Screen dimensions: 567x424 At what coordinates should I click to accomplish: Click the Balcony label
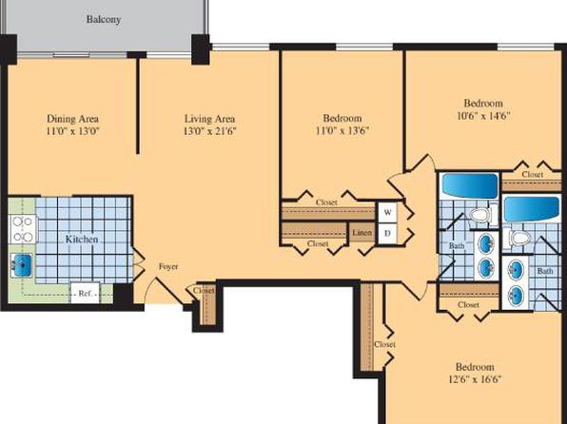tap(104, 19)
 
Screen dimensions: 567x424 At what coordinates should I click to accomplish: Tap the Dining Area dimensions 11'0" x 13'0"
tap(72, 131)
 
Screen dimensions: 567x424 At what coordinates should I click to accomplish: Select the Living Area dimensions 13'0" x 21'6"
tap(209, 131)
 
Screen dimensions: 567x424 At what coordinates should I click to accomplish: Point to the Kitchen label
tap(82, 240)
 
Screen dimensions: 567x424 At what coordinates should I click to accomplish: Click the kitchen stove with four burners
tap(23, 229)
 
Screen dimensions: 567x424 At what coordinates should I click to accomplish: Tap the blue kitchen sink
tap(22, 262)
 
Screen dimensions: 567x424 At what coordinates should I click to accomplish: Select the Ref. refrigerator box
tap(85, 293)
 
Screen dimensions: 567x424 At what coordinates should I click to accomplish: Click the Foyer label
tap(168, 267)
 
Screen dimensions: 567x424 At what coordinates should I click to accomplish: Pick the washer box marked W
tap(387, 212)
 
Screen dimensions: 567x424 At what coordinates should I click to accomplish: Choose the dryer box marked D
tap(387, 234)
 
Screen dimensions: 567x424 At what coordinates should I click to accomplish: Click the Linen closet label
tap(362, 232)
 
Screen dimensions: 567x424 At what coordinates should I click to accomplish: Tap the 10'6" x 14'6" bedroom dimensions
tap(483, 116)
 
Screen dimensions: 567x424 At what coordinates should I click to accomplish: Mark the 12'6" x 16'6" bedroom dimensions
tap(475, 379)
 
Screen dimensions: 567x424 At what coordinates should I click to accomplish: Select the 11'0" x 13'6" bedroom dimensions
tap(342, 130)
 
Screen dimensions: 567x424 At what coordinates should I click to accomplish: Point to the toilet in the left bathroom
tap(480, 215)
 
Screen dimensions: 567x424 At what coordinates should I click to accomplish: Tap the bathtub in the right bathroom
tap(532, 209)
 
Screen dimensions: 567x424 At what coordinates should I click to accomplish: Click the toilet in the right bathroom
tap(519, 238)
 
